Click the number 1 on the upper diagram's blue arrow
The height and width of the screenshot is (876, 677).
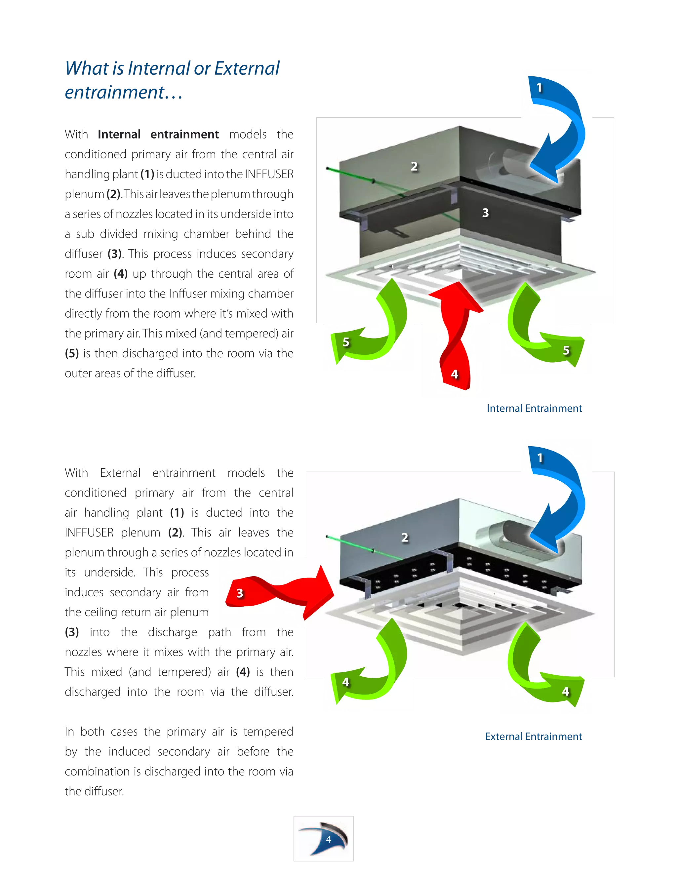pos(539,88)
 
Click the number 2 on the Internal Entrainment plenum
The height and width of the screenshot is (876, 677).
pos(414,167)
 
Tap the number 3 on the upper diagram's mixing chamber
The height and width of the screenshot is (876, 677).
pos(485,213)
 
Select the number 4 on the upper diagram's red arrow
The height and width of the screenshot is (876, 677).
pos(455,374)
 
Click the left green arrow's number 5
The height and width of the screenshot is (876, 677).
pos(346,342)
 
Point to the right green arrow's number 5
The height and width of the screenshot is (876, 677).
pos(566,350)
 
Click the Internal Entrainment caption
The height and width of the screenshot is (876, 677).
pos(534,408)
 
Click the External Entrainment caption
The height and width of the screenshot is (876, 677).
pos(534,737)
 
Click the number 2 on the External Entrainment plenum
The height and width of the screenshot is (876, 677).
pos(405,538)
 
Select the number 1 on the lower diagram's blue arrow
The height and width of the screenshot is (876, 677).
pos(540,458)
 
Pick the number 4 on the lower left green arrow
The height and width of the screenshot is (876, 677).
pos(346,682)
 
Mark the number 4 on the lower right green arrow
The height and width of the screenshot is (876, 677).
pos(566,691)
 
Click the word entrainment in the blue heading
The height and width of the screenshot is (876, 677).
pos(114,93)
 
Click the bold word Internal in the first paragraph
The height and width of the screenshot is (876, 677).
pos(119,134)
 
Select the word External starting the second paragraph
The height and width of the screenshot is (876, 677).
pos(120,473)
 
